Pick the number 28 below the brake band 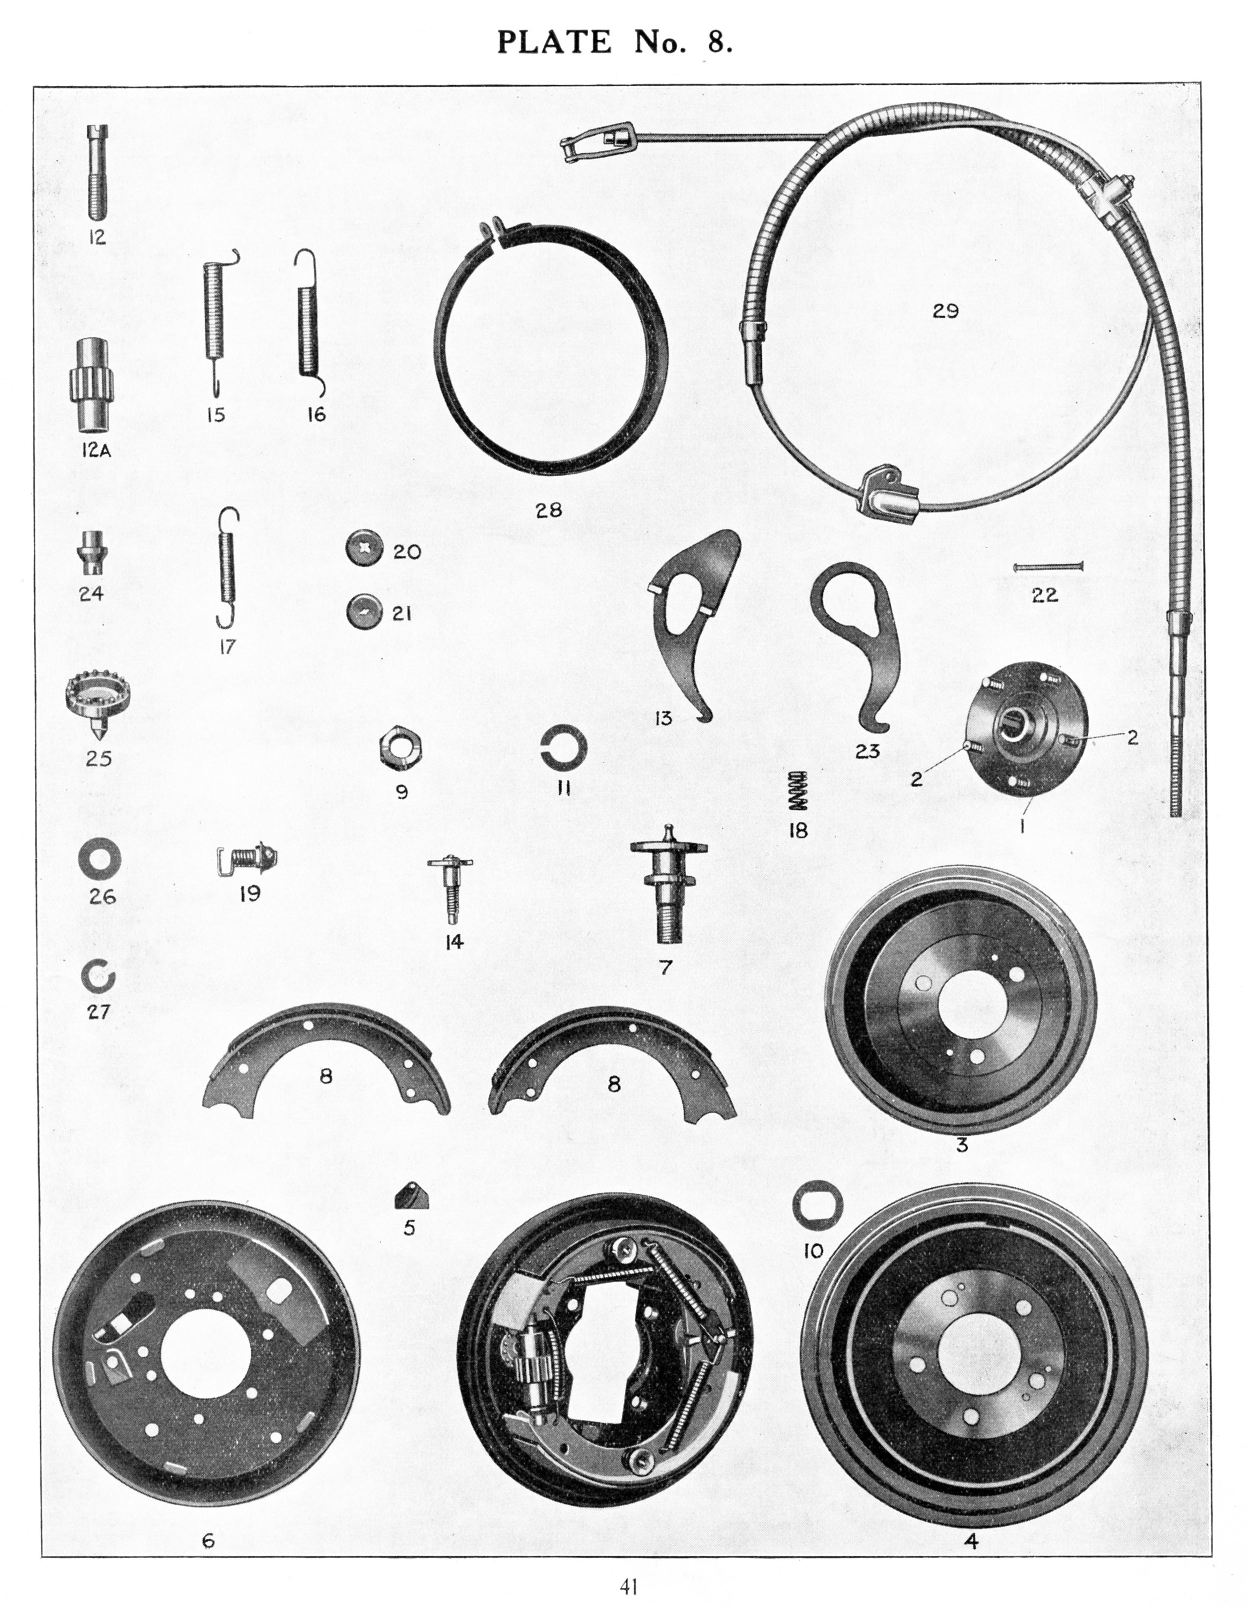549,510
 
